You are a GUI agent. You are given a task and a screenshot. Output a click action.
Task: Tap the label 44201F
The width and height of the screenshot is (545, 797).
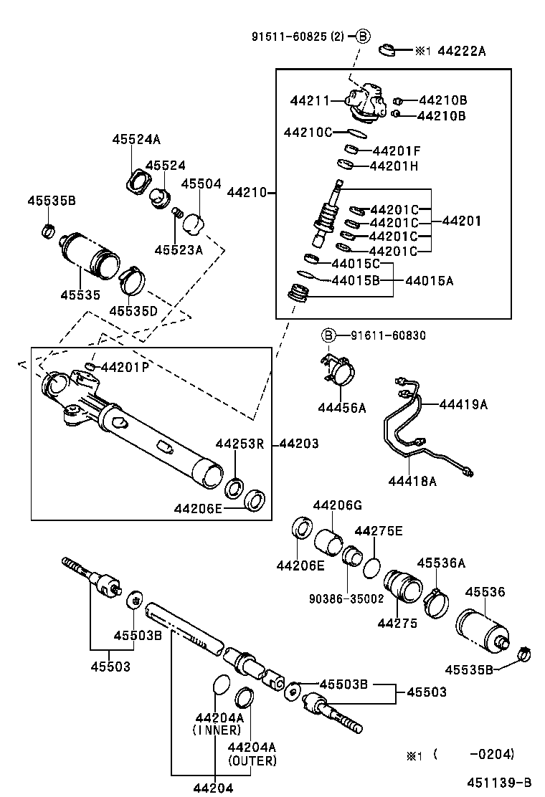click(396, 151)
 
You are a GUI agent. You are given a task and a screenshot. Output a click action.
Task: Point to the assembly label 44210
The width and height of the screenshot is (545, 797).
click(247, 193)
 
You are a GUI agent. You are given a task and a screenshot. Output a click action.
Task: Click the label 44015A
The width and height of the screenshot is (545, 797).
click(430, 281)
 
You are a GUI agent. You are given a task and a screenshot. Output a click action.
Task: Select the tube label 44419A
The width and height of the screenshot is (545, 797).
click(463, 404)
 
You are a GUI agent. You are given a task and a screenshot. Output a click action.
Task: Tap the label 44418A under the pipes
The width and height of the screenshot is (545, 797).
click(412, 482)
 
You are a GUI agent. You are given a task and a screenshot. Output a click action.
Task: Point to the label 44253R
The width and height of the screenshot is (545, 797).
click(240, 444)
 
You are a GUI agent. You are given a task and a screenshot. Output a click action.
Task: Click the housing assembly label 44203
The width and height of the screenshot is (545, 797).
click(298, 444)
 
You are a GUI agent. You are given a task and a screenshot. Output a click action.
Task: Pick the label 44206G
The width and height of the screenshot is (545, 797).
click(338, 505)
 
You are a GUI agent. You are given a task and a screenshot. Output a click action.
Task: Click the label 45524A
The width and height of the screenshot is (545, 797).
click(136, 140)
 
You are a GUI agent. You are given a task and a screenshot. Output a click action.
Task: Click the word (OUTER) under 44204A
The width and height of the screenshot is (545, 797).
click(252, 760)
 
